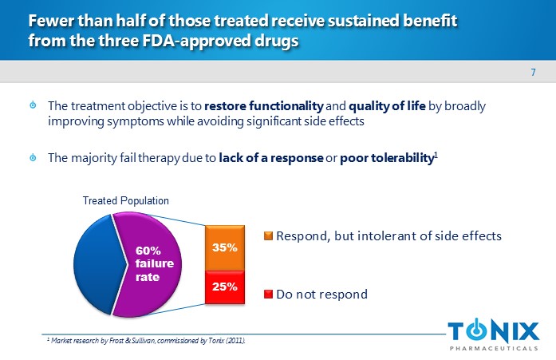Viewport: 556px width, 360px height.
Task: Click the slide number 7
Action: [x=533, y=73]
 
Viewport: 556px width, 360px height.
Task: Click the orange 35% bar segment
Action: [x=224, y=248]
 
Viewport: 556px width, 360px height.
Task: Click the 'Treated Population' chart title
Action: [x=126, y=200]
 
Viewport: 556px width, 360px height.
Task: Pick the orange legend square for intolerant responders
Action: [x=269, y=235]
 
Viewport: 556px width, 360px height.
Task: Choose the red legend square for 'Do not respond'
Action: [x=269, y=295]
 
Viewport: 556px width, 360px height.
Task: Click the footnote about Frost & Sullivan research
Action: [x=146, y=341]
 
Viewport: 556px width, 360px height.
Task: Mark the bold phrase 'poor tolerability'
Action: [x=386, y=158]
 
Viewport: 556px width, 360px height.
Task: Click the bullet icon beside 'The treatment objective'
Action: [x=32, y=106]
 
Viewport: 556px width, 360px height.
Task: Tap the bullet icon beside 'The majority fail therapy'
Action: [x=32, y=158]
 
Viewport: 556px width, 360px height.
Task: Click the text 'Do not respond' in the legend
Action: [x=321, y=295]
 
